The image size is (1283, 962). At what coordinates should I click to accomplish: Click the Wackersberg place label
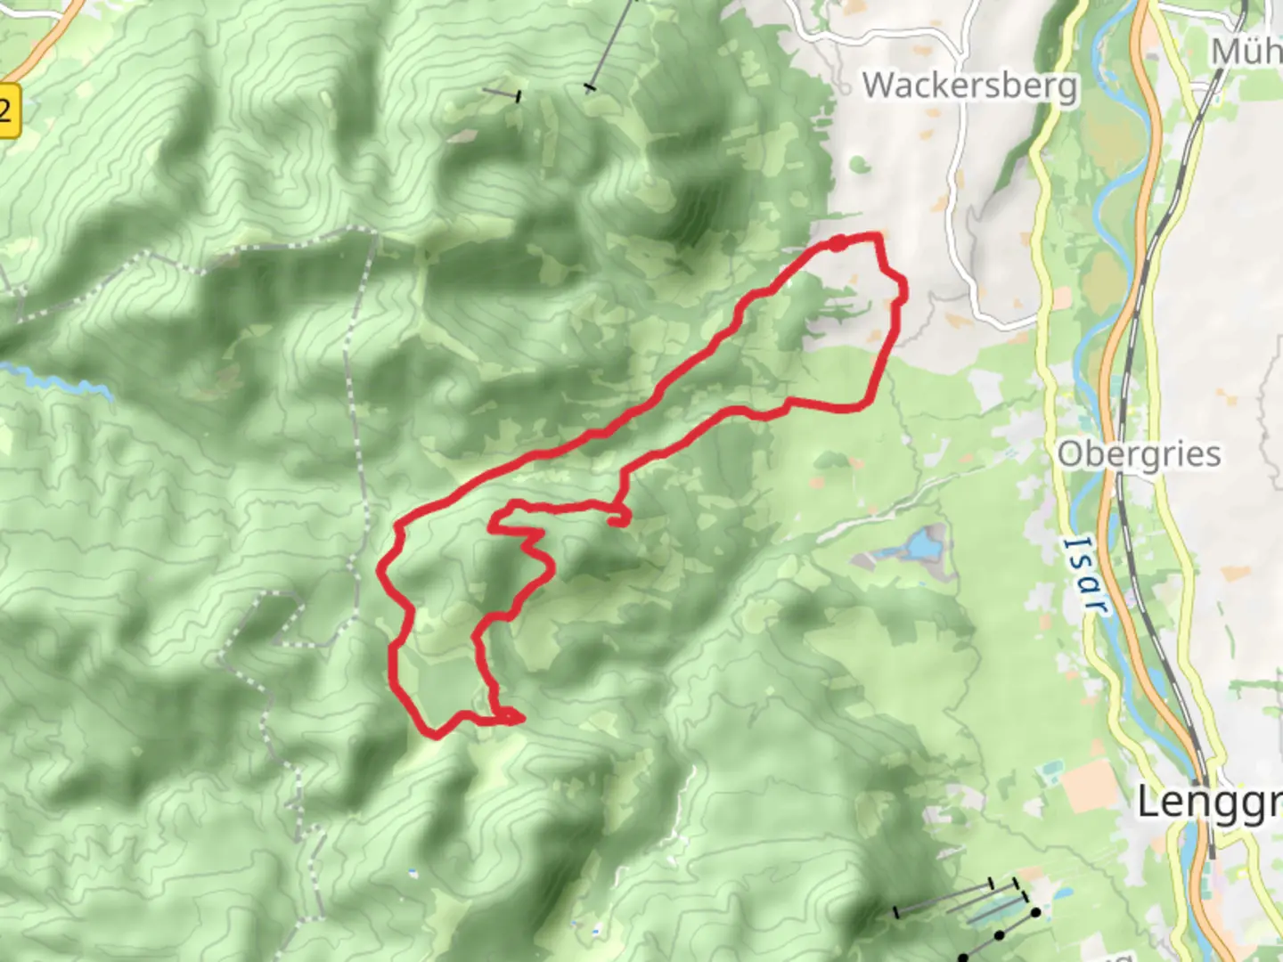pyautogui.click(x=969, y=86)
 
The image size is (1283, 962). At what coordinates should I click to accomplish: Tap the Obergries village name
pyautogui.click(x=1139, y=454)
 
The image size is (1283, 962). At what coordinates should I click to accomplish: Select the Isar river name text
pyautogui.click(x=1086, y=574)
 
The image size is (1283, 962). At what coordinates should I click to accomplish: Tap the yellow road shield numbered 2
pyautogui.click(x=7, y=111)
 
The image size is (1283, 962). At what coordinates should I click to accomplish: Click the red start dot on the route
pyautogui.click(x=838, y=243)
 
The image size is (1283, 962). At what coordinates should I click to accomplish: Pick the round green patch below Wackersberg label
pyautogui.click(x=858, y=164)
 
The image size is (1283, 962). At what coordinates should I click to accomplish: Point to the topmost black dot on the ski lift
pyautogui.click(x=1035, y=912)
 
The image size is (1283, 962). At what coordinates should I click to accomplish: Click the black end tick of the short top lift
pyautogui.click(x=517, y=95)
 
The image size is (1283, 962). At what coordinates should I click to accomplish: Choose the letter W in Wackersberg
pyautogui.click(x=879, y=86)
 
